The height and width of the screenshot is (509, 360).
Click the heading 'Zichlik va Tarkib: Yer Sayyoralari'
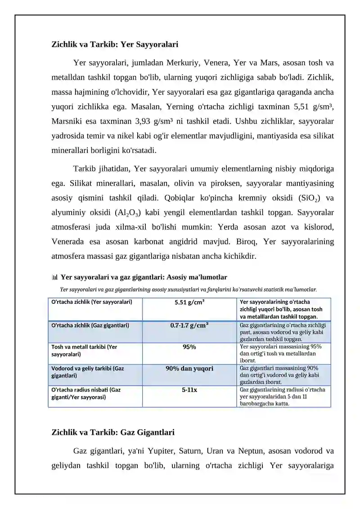click(115, 45)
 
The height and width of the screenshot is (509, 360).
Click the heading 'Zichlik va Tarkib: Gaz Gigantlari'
click(113, 432)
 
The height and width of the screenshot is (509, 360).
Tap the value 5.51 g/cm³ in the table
click(189, 302)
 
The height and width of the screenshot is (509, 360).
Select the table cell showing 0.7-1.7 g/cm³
click(189, 325)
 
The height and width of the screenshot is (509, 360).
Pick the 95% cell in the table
click(189, 347)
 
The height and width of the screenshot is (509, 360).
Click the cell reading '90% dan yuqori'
click(189, 368)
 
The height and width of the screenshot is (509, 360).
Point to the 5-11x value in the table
click(189, 390)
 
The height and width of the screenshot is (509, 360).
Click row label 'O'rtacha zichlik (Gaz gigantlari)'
click(90, 325)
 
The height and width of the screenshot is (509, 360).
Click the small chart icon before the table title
click(55, 277)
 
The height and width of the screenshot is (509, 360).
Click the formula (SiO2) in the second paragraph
click(307, 198)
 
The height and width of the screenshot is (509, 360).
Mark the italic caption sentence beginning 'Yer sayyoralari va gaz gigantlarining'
click(189, 290)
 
